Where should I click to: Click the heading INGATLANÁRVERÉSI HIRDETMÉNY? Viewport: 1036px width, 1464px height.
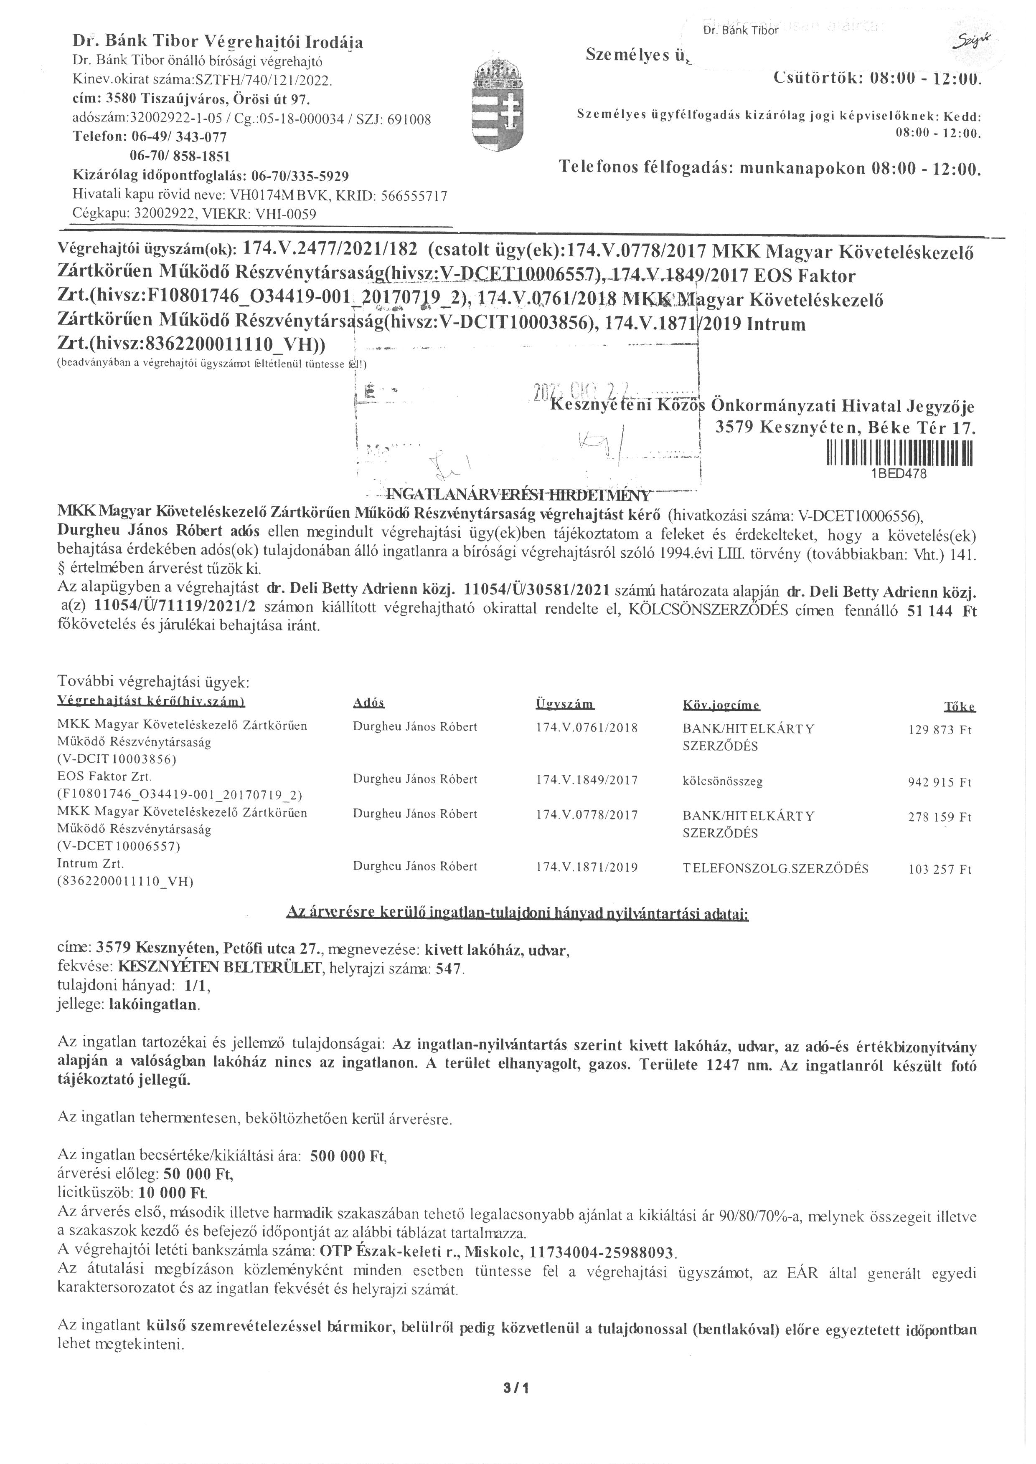click(518, 495)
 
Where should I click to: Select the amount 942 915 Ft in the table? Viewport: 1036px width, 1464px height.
click(939, 782)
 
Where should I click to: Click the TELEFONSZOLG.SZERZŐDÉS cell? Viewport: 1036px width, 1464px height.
click(775, 868)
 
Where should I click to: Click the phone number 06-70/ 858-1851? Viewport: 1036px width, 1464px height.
click(180, 156)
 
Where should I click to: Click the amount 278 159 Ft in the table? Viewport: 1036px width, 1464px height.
click(939, 817)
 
